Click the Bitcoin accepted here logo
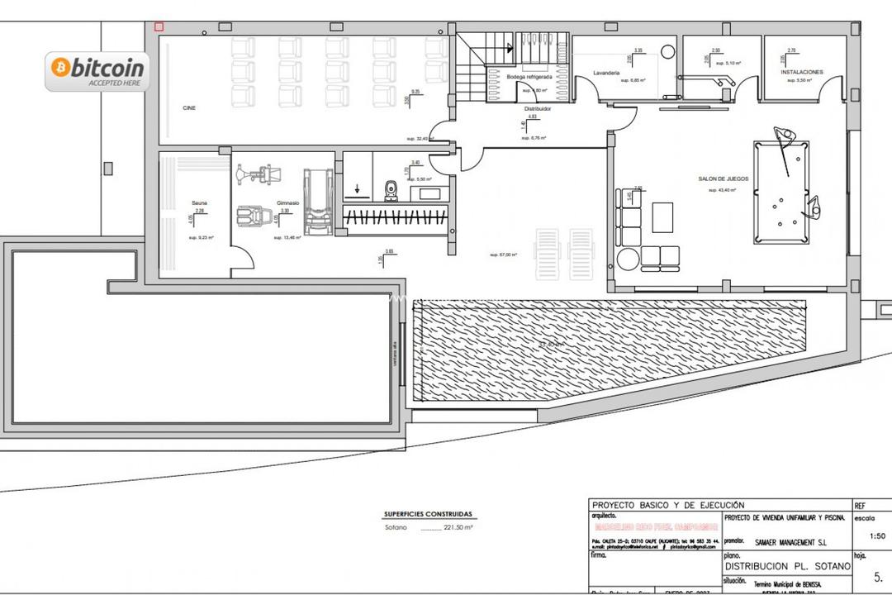click(98, 70)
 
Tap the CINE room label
click(189, 108)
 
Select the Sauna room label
click(199, 202)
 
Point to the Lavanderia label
click(606, 73)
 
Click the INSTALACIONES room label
click(802, 72)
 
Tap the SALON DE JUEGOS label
click(722, 178)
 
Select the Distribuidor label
click(537, 108)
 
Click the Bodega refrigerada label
click(529, 77)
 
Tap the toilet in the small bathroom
click(391, 191)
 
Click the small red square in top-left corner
click(159, 26)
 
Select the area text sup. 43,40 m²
click(722, 190)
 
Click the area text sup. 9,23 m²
click(201, 238)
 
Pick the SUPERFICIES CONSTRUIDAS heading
click(428, 512)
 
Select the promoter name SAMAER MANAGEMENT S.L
click(790, 542)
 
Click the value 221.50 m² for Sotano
click(460, 527)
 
